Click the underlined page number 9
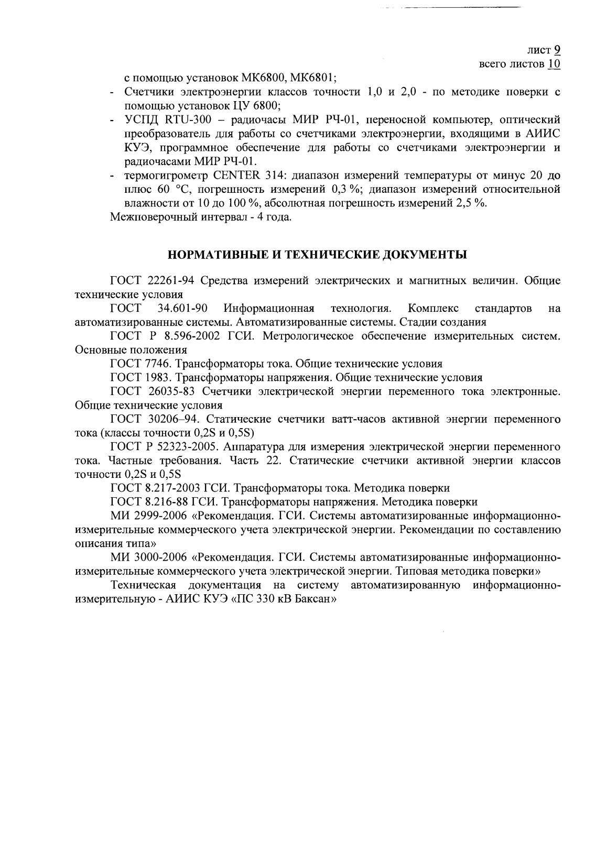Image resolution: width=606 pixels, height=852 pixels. pyautogui.click(x=557, y=50)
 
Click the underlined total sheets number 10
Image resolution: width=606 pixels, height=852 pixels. pyautogui.click(x=554, y=64)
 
